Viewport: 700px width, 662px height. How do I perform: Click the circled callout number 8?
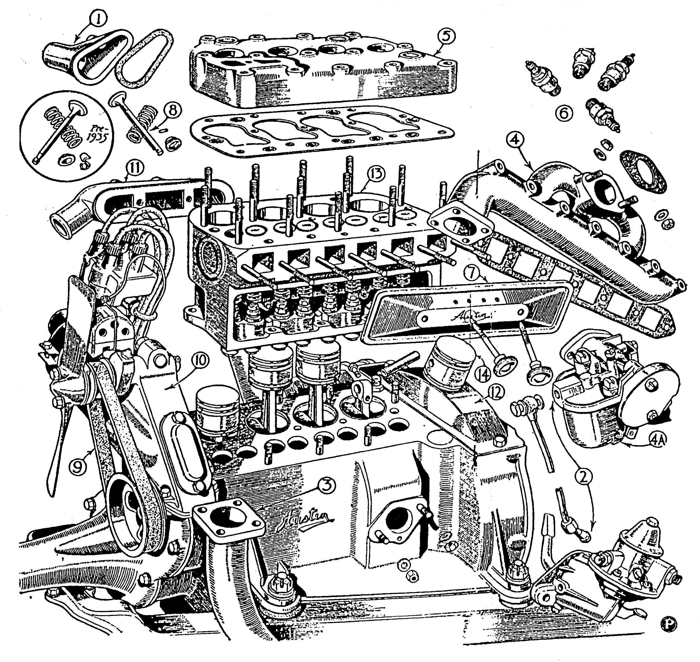click(x=172, y=110)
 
